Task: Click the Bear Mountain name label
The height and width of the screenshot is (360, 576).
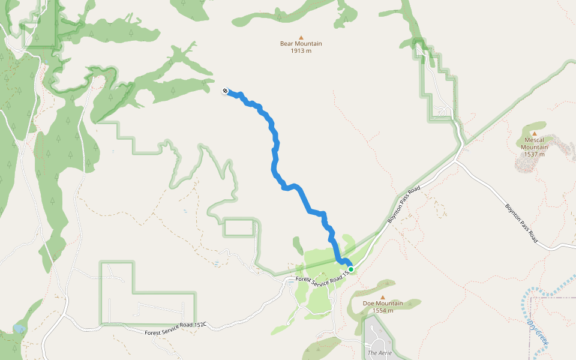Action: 301,44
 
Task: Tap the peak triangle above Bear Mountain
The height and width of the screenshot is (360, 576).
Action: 301,36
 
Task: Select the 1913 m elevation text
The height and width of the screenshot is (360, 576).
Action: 301,51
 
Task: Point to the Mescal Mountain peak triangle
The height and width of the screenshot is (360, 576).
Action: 534,132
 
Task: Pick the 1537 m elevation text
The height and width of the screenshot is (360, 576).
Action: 534,154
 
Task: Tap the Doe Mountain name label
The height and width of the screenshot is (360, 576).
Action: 383,304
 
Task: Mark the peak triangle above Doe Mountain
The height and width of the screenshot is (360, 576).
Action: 383,296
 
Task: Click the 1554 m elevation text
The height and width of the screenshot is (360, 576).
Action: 383,311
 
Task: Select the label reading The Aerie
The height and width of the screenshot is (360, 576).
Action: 380,353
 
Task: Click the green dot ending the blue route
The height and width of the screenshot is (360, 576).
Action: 350,269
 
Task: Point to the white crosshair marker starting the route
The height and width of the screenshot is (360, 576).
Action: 225,91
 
